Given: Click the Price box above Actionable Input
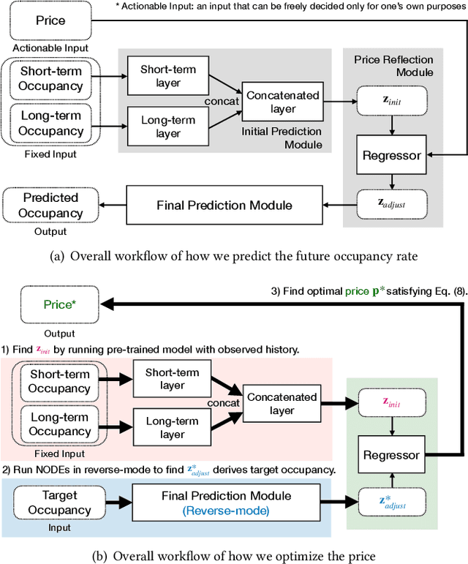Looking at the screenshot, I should click(x=50, y=20).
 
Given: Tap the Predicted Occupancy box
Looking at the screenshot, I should click(x=50, y=206).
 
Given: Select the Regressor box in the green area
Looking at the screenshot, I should click(x=391, y=455).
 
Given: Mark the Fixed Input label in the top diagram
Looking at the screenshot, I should click(x=50, y=154).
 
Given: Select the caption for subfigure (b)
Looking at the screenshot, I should click(x=234, y=555).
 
